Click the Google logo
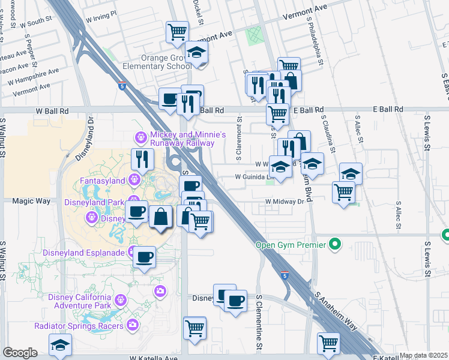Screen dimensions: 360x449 click(20, 353)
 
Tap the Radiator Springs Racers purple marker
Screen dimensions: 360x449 click(133, 326)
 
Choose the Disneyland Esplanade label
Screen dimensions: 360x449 click(83, 252)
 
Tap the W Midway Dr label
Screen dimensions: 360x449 click(285, 202)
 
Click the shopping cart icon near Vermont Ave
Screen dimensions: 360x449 click(177, 32)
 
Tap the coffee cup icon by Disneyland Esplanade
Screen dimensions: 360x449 click(143, 257)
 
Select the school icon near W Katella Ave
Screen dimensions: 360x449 click(60, 344)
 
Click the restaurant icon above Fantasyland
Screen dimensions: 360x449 click(142, 159)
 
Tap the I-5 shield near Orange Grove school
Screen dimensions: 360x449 click(122, 86)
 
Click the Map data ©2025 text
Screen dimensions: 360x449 click(424, 355)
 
